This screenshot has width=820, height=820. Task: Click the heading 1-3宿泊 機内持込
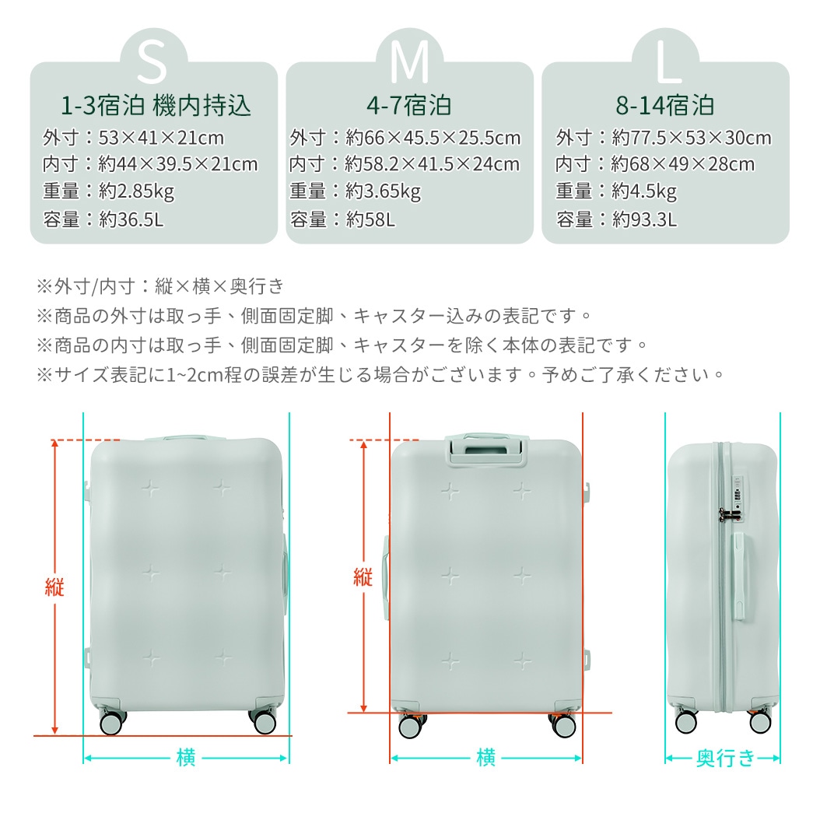tap(156, 105)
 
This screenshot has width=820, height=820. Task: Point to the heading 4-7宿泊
tap(409, 105)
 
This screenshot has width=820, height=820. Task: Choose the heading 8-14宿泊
tap(664, 105)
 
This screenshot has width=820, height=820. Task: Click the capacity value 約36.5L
tap(131, 219)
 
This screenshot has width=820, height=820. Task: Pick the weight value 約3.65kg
tap(383, 191)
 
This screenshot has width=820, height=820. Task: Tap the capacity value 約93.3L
tap(644, 219)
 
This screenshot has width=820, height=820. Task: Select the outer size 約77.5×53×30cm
tap(692, 138)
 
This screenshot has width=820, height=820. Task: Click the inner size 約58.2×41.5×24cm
tap(432, 164)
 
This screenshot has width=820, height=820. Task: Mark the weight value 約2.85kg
tap(136, 191)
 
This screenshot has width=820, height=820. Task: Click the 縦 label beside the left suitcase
tap(54, 587)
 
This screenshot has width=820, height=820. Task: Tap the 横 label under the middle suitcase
tap(486, 757)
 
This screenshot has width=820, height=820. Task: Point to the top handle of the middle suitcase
tap(485, 449)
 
